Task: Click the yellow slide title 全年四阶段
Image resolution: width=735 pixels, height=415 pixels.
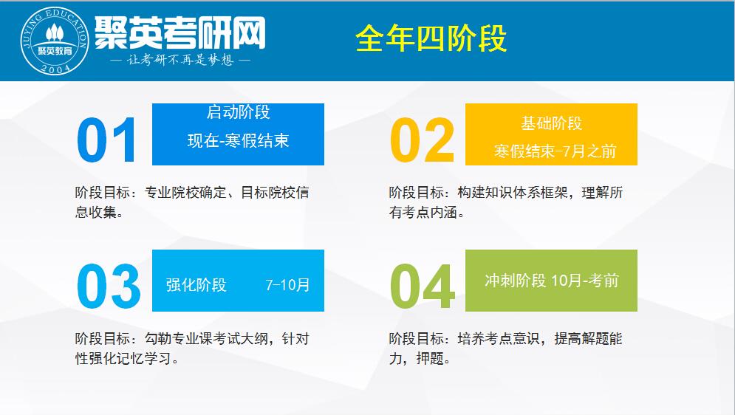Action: tap(431, 38)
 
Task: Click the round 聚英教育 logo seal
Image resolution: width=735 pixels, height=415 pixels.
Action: tap(55, 41)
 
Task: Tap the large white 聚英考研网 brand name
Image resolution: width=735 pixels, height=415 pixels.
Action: tap(180, 32)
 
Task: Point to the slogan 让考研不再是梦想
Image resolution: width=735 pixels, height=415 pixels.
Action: tap(180, 60)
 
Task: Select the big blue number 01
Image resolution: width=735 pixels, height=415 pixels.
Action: tap(107, 140)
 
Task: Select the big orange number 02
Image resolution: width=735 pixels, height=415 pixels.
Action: tap(423, 140)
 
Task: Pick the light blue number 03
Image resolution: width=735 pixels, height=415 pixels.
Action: tap(109, 286)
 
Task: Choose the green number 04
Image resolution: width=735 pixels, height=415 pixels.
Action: tap(423, 286)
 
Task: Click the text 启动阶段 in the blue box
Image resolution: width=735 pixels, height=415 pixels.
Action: tap(238, 112)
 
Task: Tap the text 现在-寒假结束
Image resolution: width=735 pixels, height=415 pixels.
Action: tap(238, 140)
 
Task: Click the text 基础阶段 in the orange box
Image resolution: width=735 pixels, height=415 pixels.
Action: tap(551, 123)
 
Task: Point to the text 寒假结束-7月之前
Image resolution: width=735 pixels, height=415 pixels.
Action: tap(555, 151)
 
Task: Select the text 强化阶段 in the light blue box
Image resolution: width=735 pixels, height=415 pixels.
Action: tap(196, 285)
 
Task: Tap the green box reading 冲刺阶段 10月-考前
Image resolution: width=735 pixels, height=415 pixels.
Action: tap(551, 281)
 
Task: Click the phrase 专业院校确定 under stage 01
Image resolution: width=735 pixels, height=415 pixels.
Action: tap(185, 193)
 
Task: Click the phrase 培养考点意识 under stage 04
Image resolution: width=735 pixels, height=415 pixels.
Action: tap(499, 339)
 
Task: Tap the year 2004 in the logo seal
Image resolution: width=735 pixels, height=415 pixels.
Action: tap(55, 69)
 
